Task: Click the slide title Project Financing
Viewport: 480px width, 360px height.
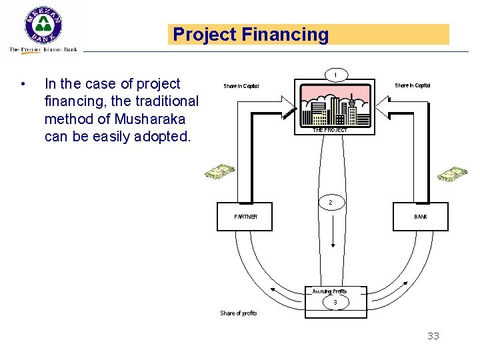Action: [x=251, y=35]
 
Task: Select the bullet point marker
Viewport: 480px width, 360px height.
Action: [x=23, y=85]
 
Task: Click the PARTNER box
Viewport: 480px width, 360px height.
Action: [x=245, y=217]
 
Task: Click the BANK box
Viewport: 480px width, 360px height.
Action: [x=420, y=217]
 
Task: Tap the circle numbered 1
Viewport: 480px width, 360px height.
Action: [x=336, y=74]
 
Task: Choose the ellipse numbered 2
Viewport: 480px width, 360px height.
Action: [x=331, y=202]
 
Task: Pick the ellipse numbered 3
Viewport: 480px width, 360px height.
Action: [x=335, y=303]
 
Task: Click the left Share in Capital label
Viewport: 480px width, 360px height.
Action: [x=241, y=86]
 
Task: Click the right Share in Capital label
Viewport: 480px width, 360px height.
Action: [x=412, y=85]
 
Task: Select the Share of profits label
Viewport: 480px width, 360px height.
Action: [x=239, y=313]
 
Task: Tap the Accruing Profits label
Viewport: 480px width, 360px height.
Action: [x=330, y=291]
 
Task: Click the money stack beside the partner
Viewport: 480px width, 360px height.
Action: [x=220, y=172]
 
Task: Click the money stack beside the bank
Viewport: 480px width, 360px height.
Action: [x=453, y=174]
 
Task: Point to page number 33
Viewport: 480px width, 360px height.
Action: [x=433, y=336]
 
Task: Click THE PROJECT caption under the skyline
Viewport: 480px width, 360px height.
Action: [x=330, y=130]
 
